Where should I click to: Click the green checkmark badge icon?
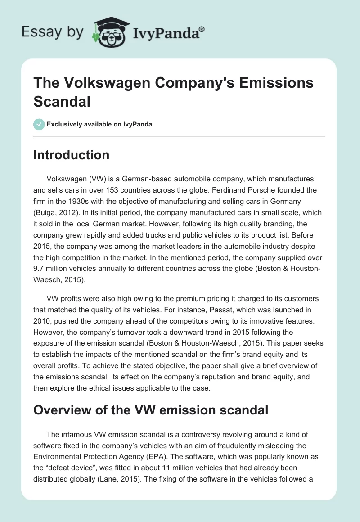click(x=39, y=124)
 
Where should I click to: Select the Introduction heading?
click(x=72, y=155)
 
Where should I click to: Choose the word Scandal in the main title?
click(x=62, y=101)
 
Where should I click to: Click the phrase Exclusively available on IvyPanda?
click(x=100, y=124)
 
